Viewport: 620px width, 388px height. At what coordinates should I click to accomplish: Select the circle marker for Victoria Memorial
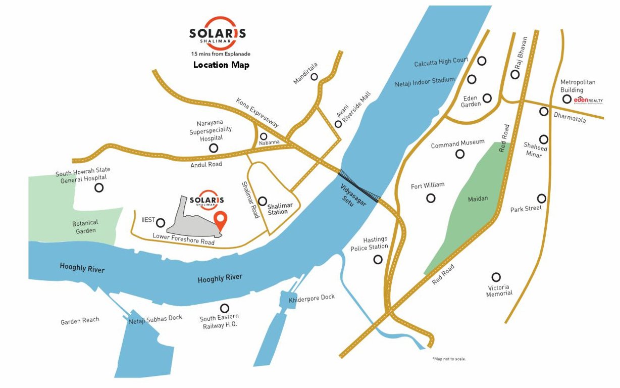(x=496, y=277)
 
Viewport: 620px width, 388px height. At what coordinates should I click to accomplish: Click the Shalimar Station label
(x=277, y=209)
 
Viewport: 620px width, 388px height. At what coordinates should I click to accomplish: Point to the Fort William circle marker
(x=431, y=198)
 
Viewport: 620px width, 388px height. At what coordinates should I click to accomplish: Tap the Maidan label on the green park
(x=478, y=199)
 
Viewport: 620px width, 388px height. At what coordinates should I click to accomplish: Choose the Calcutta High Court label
(x=441, y=63)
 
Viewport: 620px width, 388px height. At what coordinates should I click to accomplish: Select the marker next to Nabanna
(x=264, y=136)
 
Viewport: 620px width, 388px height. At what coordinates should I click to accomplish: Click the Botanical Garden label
(x=85, y=226)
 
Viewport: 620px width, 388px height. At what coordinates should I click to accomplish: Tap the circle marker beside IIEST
(x=161, y=222)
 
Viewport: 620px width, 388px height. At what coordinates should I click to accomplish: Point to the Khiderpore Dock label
(x=312, y=299)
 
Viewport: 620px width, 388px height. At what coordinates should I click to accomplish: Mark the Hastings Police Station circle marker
(x=378, y=259)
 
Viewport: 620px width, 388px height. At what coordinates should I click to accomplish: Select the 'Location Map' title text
(x=221, y=65)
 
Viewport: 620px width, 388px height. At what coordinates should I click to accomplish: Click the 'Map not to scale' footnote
(x=449, y=359)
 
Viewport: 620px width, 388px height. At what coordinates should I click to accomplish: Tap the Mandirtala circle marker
(x=314, y=77)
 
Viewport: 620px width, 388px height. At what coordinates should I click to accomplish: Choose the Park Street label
(x=526, y=208)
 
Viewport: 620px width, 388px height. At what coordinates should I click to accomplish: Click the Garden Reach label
(x=80, y=321)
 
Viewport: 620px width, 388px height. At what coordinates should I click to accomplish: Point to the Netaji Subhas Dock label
(x=156, y=319)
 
